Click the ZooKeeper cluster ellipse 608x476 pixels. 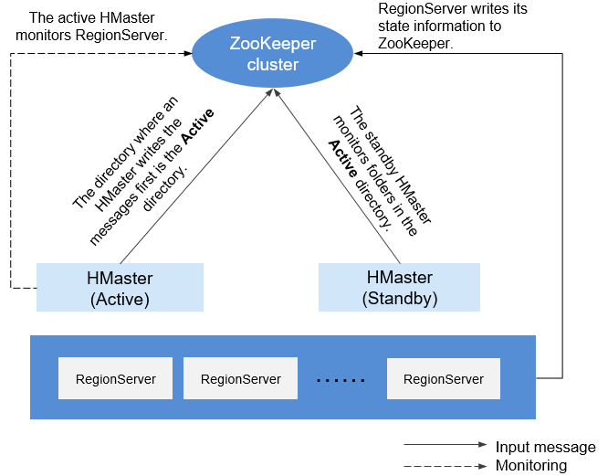click(x=273, y=53)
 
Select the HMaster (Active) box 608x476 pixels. click(x=120, y=287)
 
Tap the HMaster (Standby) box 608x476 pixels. click(x=399, y=287)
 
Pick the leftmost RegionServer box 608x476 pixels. click(x=116, y=378)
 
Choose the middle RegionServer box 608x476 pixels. click(x=240, y=378)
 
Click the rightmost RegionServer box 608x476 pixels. click(x=444, y=378)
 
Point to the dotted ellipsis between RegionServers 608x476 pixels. click(x=341, y=381)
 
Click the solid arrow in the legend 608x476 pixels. click(x=446, y=445)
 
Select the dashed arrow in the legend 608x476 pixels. click(x=446, y=466)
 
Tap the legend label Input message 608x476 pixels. click(x=545, y=447)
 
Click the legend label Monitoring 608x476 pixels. click(x=531, y=465)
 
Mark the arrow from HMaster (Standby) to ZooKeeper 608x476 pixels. click(x=338, y=176)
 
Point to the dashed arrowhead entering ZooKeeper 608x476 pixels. click(x=188, y=53)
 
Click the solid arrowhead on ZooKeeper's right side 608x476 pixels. click(x=358, y=53)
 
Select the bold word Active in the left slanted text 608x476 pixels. click(x=198, y=126)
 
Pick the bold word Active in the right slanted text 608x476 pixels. click(x=342, y=159)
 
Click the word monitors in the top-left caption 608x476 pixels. click(x=44, y=36)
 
